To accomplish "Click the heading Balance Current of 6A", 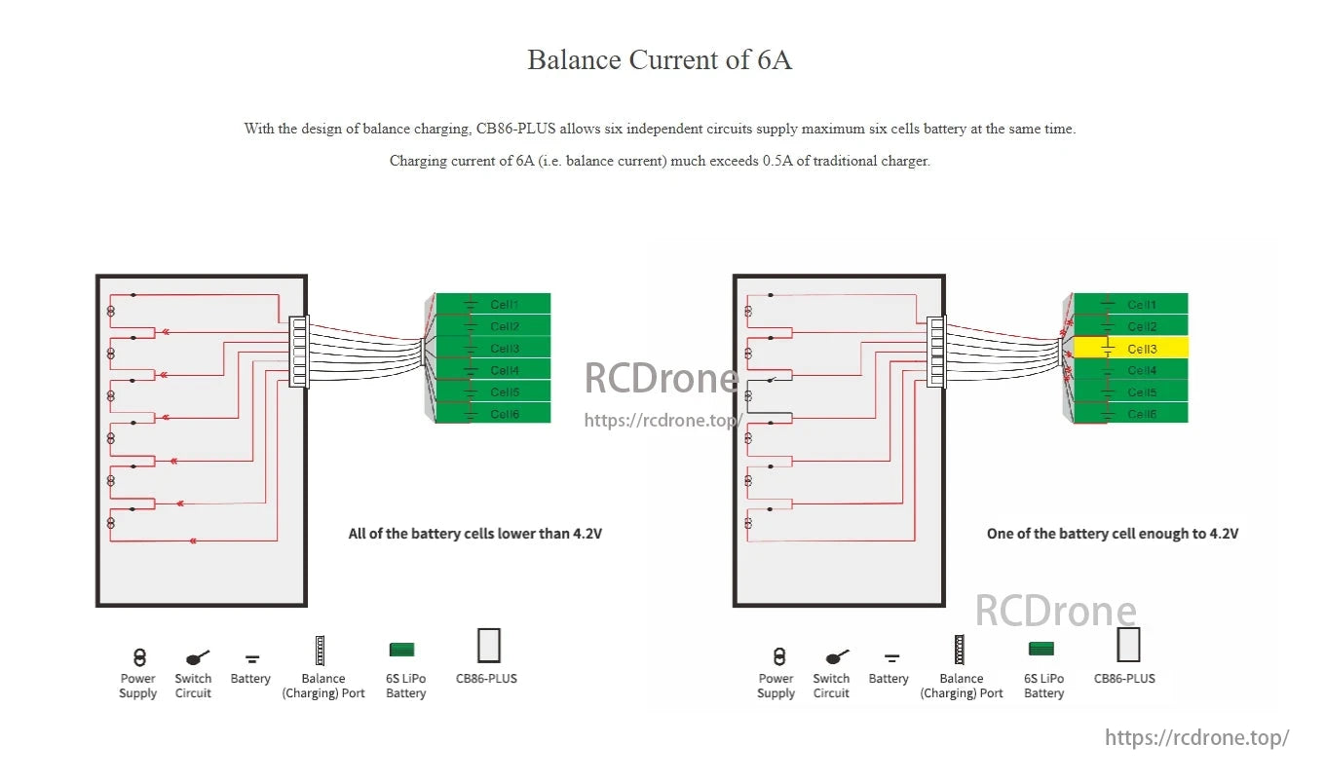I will (660, 59).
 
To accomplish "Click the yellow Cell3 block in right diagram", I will (1130, 348).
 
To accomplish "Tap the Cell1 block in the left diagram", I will (494, 304).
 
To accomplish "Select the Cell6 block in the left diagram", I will (494, 414).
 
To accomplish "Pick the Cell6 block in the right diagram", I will (1130, 414).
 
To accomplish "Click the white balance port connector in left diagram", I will (299, 352).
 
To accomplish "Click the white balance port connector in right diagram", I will (936, 352).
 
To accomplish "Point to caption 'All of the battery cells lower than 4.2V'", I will (474, 534).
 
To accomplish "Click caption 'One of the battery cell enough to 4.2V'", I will (1112, 534).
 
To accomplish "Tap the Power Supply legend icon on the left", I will (138, 657).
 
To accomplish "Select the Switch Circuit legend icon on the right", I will (836, 657).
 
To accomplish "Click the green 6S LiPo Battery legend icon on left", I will (401, 650).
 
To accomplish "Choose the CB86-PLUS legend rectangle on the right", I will (1128, 645).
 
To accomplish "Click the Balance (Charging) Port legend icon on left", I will (319, 651).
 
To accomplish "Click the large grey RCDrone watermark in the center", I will (661, 378).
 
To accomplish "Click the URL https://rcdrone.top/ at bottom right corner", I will (1196, 737).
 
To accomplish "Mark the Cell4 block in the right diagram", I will (1130, 370).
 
